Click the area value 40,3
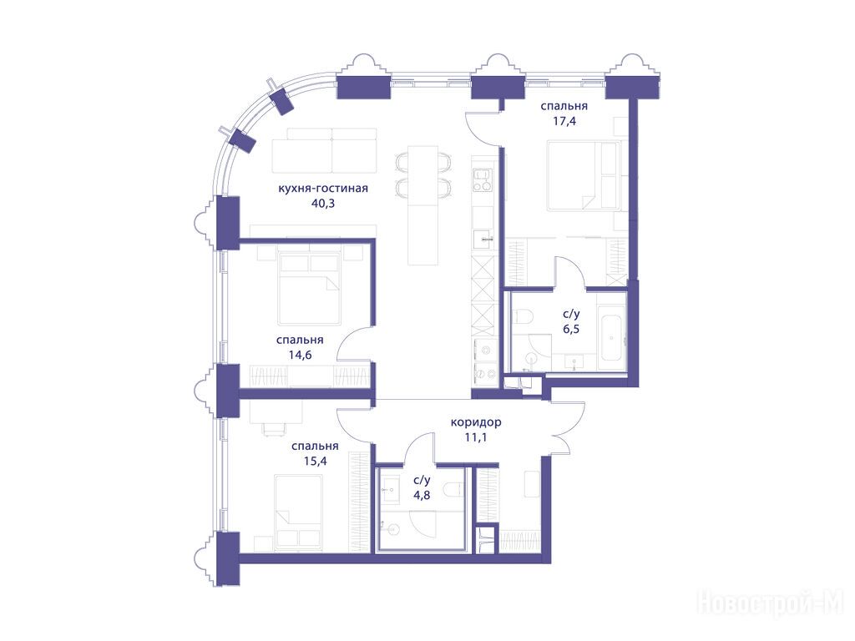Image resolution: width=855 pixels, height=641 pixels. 323,204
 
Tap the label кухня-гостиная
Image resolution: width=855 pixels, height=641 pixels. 323,189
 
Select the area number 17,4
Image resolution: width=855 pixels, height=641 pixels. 564,121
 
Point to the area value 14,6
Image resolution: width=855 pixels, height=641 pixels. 300,356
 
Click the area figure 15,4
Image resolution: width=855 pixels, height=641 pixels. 315,462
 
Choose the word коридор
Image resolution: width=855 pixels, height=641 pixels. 476,422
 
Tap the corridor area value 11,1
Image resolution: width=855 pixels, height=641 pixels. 475,437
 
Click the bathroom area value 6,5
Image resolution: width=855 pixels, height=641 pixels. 571,329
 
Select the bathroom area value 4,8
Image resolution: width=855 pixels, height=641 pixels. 422,496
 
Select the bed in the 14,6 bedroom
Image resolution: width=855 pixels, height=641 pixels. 309,285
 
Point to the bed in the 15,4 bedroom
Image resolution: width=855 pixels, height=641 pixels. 298,512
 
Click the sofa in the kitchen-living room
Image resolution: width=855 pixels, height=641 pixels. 325,150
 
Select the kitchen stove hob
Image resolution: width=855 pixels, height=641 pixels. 482,180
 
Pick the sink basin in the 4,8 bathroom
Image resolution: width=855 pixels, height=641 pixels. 391,489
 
